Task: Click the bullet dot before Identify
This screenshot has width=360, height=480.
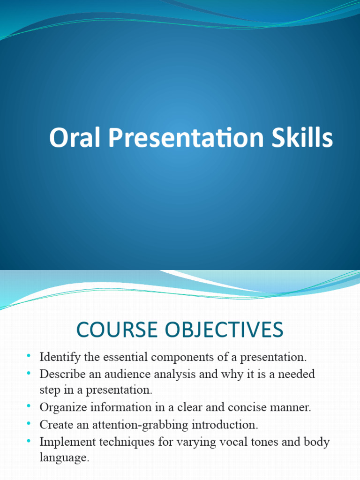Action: (x=30, y=357)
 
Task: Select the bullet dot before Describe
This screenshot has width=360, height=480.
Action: (x=30, y=374)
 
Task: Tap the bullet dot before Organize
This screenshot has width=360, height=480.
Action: (x=30, y=407)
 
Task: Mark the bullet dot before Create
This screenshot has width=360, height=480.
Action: (x=30, y=424)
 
